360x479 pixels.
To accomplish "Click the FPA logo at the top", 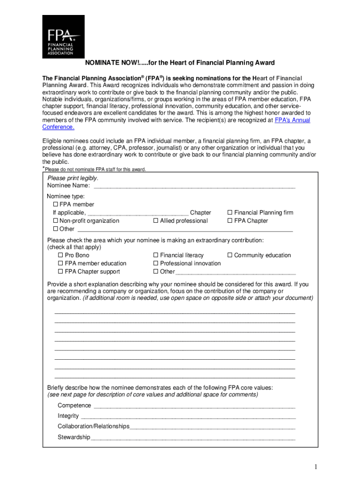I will coord(63,36).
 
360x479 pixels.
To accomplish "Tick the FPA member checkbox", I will coord(56,204).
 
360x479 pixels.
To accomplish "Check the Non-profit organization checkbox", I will coord(56,221).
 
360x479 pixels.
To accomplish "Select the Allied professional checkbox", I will coord(156,221).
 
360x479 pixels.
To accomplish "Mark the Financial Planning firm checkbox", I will coord(230,213).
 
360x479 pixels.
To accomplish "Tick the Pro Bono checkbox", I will coord(60,255).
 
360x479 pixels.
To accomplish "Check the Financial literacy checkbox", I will coord(156,255).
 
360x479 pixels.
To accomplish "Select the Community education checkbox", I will coord(230,255).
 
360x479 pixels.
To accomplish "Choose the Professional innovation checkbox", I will coord(156,263).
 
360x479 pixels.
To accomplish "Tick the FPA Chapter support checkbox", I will coord(60,272).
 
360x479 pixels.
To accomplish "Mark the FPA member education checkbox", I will coord(60,263).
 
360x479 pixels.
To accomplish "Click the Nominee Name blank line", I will coord(194,186).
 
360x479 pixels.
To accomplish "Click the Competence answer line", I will coord(194,406).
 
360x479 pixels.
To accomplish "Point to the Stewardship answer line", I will coord(193,438).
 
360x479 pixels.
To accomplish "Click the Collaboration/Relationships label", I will coord(93,426).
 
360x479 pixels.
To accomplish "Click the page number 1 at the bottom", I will coord(316,467).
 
